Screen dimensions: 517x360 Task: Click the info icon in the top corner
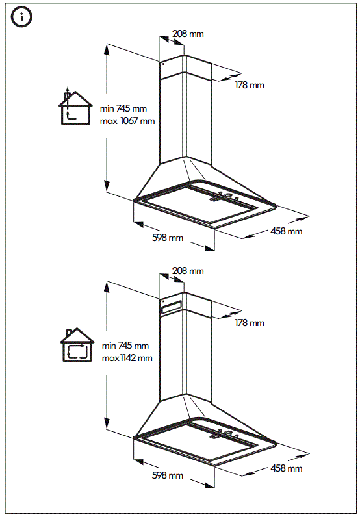pos(21,18)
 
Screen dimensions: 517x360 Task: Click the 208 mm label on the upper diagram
pos(188,33)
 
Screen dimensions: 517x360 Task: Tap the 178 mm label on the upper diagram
pos(249,86)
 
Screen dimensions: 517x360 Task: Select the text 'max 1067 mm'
pos(127,121)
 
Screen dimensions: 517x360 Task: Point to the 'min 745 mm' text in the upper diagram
pos(123,109)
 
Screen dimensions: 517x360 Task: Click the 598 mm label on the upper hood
pos(168,238)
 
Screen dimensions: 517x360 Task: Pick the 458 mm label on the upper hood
pos(286,231)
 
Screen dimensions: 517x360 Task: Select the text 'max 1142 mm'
pos(127,358)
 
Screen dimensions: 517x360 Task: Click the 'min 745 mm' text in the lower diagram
pos(124,346)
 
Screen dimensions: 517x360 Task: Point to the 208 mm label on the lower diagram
pos(188,270)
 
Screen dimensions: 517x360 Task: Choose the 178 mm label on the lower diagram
pos(249,323)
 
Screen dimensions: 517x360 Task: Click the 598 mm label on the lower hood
pos(168,475)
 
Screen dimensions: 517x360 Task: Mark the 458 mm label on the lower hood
pos(286,468)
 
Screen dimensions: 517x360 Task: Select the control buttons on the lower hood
pos(229,433)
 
